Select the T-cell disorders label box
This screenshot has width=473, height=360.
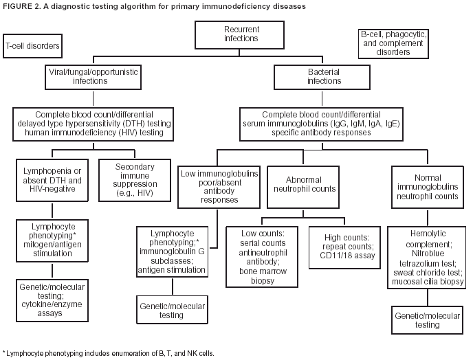click(33, 47)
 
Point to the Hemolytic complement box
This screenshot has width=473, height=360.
click(427, 258)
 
